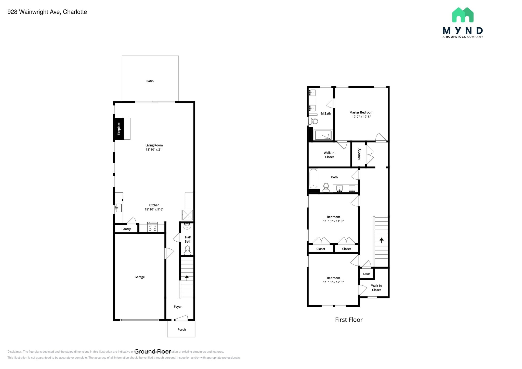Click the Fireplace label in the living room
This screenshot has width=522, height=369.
click(x=119, y=129)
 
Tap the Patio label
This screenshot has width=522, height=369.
click(x=150, y=81)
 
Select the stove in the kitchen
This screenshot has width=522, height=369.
click(x=152, y=227)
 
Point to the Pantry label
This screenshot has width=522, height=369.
click(x=126, y=229)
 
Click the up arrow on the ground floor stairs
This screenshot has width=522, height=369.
click(x=187, y=278)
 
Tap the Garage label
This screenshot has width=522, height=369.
click(x=139, y=277)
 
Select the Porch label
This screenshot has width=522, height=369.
click(x=181, y=330)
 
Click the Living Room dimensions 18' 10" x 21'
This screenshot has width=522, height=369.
click(x=154, y=150)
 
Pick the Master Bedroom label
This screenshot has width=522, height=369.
click(x=361, y=112)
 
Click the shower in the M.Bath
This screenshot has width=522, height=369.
click(x=323, y=135)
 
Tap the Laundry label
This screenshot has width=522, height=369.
click(x=359, y=154)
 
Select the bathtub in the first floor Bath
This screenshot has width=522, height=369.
click(x=313, y=179)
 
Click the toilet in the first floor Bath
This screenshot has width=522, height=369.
click(x=326, y=188)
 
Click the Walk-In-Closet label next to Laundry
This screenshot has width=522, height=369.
click(x=329, y=155)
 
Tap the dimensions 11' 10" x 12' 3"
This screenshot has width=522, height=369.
click(x=333, y=282)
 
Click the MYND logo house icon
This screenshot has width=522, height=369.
click(x=463, y=15)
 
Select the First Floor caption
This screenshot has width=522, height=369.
click(x=348, y=320)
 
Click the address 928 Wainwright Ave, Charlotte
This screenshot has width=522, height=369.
click(x=47, y=12)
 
